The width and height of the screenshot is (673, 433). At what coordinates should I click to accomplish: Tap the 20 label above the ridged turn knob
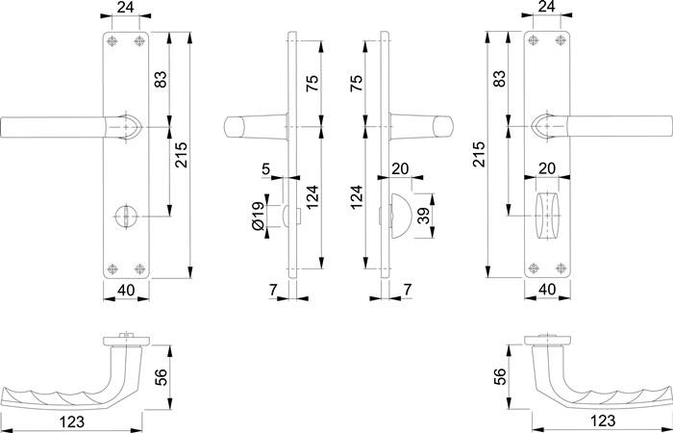547,166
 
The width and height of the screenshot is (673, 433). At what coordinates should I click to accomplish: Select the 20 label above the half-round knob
402,166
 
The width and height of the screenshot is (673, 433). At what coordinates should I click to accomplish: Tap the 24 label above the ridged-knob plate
546,8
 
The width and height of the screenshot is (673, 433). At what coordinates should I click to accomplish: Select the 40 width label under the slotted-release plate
125,290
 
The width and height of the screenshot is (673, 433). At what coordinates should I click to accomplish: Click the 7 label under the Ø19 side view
272,290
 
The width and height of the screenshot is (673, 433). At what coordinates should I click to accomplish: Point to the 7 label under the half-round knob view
409,290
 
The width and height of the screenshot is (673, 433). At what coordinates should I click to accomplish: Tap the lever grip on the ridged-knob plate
615,126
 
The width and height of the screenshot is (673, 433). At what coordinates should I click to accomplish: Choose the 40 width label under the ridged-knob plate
546,290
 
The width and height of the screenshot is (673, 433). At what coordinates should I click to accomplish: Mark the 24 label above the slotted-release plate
125,8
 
